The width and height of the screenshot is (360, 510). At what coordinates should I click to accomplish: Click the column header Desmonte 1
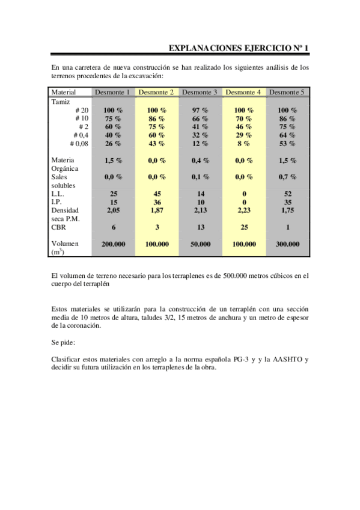[113, 92]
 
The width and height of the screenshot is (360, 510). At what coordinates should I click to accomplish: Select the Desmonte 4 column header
[243, 92]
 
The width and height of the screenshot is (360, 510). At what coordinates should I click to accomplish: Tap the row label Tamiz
[61, 102]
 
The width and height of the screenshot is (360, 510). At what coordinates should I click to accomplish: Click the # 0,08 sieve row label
[79, 144]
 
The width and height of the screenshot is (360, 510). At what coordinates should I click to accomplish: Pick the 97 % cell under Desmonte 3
[200, 111]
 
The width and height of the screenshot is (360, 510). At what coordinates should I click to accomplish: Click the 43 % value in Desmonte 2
[156, 144]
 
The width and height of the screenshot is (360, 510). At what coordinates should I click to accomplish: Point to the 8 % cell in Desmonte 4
[243, 144]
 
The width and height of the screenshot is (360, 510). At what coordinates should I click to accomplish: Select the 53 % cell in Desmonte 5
[287, 144]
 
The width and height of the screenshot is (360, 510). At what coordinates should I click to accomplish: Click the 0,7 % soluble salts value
[287, 177]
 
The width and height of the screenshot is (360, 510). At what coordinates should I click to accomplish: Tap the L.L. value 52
[287, 194]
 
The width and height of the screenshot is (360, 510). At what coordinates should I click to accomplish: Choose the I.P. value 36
[156, 203]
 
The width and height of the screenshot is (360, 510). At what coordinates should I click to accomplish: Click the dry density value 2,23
[243, 210]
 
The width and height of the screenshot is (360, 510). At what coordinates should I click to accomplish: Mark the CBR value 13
[200, 227]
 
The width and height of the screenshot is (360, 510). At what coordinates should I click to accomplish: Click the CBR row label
[58, 227]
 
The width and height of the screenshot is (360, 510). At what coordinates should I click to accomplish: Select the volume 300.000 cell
[287, 245]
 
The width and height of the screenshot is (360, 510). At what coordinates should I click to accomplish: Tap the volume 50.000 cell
[200, 245]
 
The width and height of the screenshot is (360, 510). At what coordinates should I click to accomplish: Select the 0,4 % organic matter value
[200, 161]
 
